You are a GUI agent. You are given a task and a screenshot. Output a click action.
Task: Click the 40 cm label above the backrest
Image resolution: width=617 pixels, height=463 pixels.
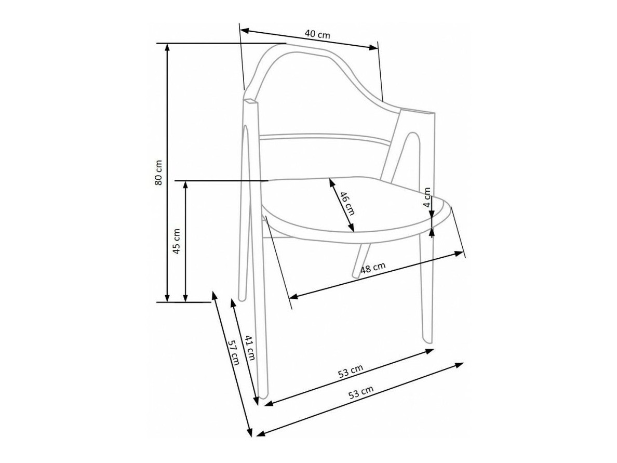317,34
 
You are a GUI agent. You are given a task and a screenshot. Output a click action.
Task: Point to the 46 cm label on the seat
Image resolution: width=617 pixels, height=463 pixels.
346,203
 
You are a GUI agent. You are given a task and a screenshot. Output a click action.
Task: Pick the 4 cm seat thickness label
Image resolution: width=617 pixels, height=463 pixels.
427,197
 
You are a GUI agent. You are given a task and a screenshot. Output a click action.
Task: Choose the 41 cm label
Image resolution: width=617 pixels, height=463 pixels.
250,348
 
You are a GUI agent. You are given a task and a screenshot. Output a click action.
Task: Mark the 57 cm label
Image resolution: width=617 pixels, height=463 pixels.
234,353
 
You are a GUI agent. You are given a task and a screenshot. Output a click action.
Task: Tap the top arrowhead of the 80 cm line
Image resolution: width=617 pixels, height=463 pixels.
167,46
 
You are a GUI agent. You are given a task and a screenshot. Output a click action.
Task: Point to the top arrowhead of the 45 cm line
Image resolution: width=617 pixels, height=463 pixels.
185,184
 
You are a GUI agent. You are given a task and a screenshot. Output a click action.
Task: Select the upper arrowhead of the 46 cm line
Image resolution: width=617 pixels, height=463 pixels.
330,182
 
